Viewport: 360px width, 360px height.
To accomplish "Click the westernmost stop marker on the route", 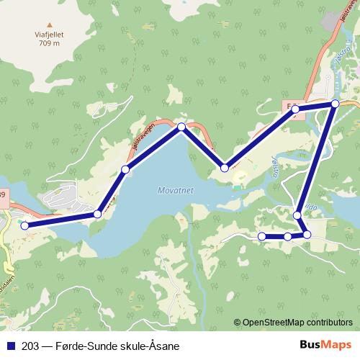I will point(25,225).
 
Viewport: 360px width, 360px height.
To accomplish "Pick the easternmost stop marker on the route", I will point(335,104).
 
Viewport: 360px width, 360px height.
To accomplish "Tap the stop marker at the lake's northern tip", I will point(181,127).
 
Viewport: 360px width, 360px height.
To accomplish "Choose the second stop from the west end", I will point(98,214).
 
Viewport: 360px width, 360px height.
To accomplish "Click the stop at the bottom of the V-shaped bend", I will point(225,168).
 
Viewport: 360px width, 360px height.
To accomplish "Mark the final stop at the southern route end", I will point(262,236).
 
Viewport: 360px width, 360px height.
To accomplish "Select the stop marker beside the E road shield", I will point(295,109).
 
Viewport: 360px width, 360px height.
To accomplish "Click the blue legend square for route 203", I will point(10,346).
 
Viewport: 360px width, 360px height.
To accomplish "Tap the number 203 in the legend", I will point(31,346).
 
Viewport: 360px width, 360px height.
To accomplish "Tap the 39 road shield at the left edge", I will point(3,194).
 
